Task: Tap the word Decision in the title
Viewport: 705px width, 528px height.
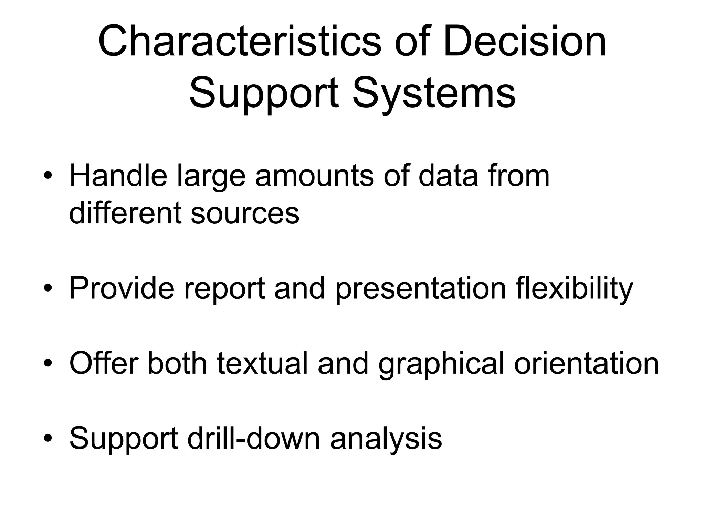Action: click(525, 42)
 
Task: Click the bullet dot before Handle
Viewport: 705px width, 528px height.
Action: click(48, 176)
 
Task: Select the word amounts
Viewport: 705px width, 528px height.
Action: click(314, 176)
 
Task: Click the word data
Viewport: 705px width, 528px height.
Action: click(448, 176)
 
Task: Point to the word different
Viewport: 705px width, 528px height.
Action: click(125, 213)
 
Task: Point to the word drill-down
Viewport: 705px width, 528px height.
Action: click(254, 438)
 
